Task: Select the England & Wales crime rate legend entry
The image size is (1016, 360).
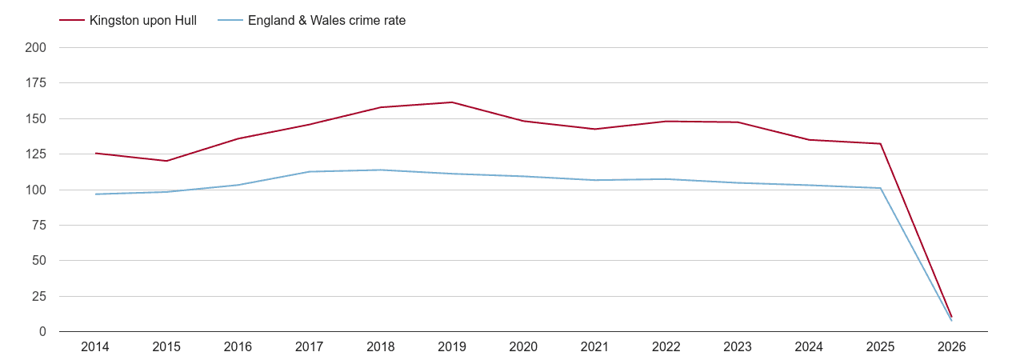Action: point(326,21)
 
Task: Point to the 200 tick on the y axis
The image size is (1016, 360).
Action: point(36,48)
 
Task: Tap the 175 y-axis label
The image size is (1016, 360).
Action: point(36,83)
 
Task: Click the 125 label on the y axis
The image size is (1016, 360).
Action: point(36,154)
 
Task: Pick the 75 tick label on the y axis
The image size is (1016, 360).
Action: point(39,226)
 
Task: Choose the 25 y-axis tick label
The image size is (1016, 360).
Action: point(39,297)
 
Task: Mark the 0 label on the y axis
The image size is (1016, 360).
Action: point(42,332)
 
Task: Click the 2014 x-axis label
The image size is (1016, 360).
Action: point(95,347)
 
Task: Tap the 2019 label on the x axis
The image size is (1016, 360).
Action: point(452,347)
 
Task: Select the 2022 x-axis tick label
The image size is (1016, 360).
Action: point(666,347)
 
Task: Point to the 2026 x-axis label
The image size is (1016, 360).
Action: point(952,347)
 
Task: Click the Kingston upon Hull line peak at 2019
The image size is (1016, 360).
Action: point(452,102)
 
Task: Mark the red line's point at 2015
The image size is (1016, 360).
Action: point(166,161)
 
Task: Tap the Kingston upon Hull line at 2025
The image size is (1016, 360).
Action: point(880,144)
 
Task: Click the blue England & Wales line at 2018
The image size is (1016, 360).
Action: point(381,170)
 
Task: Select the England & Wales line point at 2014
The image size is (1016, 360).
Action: point(95,194)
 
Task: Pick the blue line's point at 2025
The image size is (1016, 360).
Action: point(880,188)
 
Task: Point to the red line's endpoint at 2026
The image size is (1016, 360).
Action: point(952,317)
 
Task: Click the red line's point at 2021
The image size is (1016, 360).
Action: point(594,129)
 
